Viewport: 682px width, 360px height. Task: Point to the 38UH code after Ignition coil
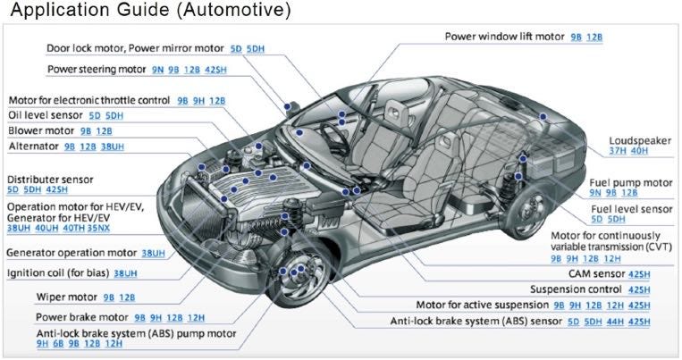click(125, 273)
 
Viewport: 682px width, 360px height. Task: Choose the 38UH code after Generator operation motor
click(154, 253)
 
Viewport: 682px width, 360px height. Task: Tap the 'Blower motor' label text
click(42, 130)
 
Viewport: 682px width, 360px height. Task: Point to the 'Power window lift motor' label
click(504, 38)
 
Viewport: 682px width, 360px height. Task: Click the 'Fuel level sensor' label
click(631, 208)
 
